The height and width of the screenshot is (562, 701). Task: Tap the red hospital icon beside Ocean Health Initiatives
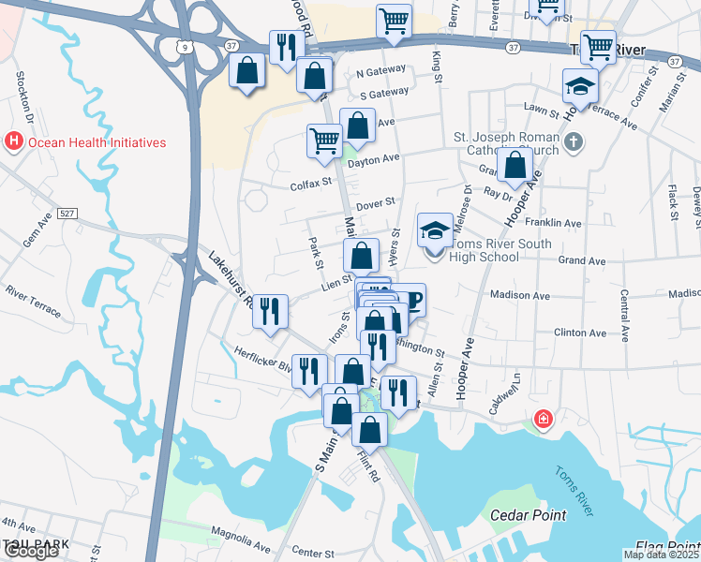coord(14,142)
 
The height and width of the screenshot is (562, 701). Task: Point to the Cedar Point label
coord(529,514)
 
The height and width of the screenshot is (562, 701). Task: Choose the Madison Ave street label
coord(519,293)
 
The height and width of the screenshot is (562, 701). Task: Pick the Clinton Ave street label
coord(580,333)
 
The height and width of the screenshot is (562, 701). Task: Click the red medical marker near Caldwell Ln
coord(542,419)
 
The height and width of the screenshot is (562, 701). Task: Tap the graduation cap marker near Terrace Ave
coord(580,87)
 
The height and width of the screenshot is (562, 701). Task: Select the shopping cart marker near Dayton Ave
coord(324,141)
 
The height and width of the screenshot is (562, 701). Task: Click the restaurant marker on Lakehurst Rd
coord(270,311)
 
